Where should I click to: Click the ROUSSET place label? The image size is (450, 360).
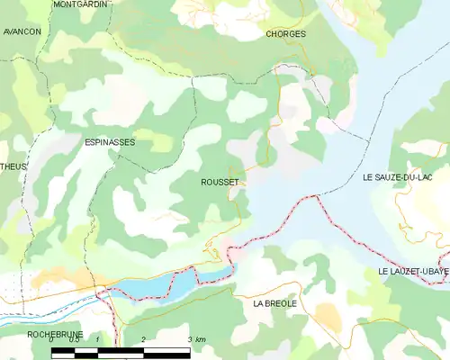point(220,182)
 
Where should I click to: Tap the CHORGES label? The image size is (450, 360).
point(286,34)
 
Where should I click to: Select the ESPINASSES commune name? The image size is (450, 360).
point(110,142)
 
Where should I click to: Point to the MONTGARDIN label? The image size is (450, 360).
point(80,4)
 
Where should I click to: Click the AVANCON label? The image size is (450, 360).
point(22,31)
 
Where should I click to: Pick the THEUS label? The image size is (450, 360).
point(13,166)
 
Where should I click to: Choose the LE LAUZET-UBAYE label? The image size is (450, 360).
point(413,271)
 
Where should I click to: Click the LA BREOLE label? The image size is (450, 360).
point(274,304)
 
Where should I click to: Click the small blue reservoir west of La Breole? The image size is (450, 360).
point(171,285)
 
